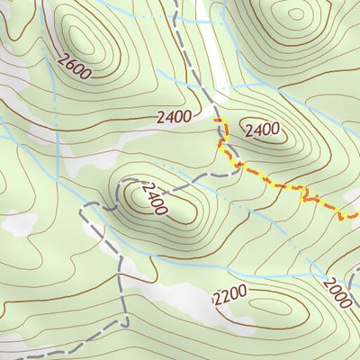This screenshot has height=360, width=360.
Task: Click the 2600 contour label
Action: pos(73,66)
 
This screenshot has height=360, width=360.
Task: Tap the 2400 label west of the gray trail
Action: pos(174,116)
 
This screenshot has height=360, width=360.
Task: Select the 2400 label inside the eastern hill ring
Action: pos(262,130)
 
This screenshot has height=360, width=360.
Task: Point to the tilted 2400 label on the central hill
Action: pos(154,199)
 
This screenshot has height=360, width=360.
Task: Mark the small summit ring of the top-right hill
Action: pos(295,13)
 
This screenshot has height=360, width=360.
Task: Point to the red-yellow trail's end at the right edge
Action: pos(357,216)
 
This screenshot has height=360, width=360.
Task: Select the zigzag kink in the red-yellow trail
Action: pos(310,194)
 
